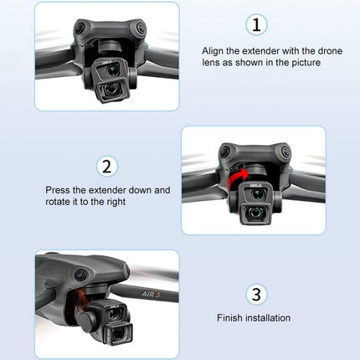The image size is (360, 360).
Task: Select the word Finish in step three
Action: (229, 318)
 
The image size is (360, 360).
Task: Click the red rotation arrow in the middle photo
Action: (240, 174)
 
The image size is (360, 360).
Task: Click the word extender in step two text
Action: (131, 190)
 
